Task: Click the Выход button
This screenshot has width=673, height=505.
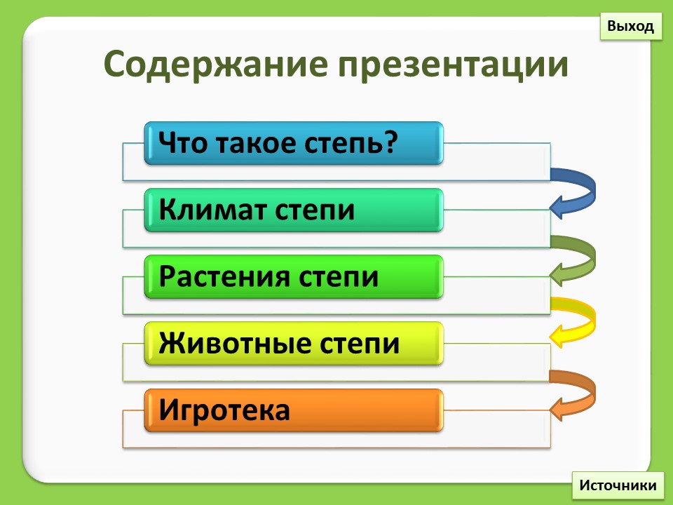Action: click(630, 26)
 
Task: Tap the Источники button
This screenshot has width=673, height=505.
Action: click(618, 485)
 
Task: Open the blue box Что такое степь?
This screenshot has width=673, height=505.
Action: click(294, 143)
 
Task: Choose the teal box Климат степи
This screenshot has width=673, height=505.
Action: click(294, 210)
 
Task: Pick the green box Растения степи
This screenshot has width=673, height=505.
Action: click(294, 277)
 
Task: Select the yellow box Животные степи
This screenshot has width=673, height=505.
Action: click(294, 344)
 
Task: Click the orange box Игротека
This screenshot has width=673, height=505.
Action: click(294, 410)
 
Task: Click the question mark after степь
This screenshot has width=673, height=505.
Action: click(390, 142)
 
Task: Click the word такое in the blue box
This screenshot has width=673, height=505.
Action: click(256, 143)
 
